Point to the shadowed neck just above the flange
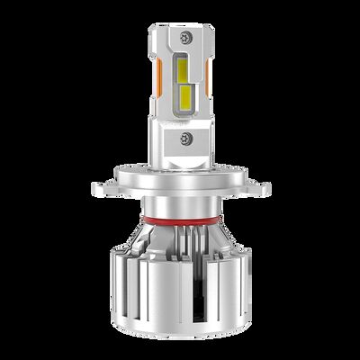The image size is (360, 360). tap(180, 162)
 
